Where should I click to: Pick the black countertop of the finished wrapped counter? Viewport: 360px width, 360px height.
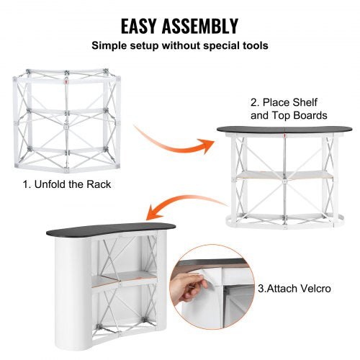[x=108, y=233]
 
